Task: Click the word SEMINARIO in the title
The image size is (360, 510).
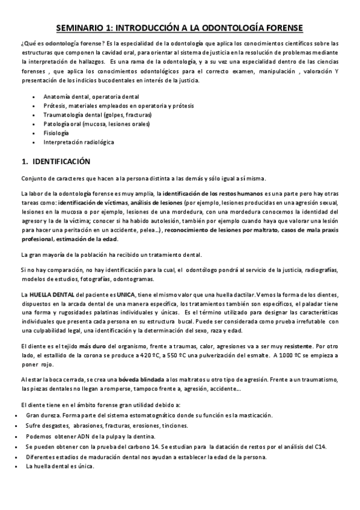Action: pos(83,28)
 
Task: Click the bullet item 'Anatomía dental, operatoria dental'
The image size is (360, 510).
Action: pos(91,96)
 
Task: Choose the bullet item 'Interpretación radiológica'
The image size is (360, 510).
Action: pos(79,142)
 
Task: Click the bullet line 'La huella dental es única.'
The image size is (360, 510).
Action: pos(59,467)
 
